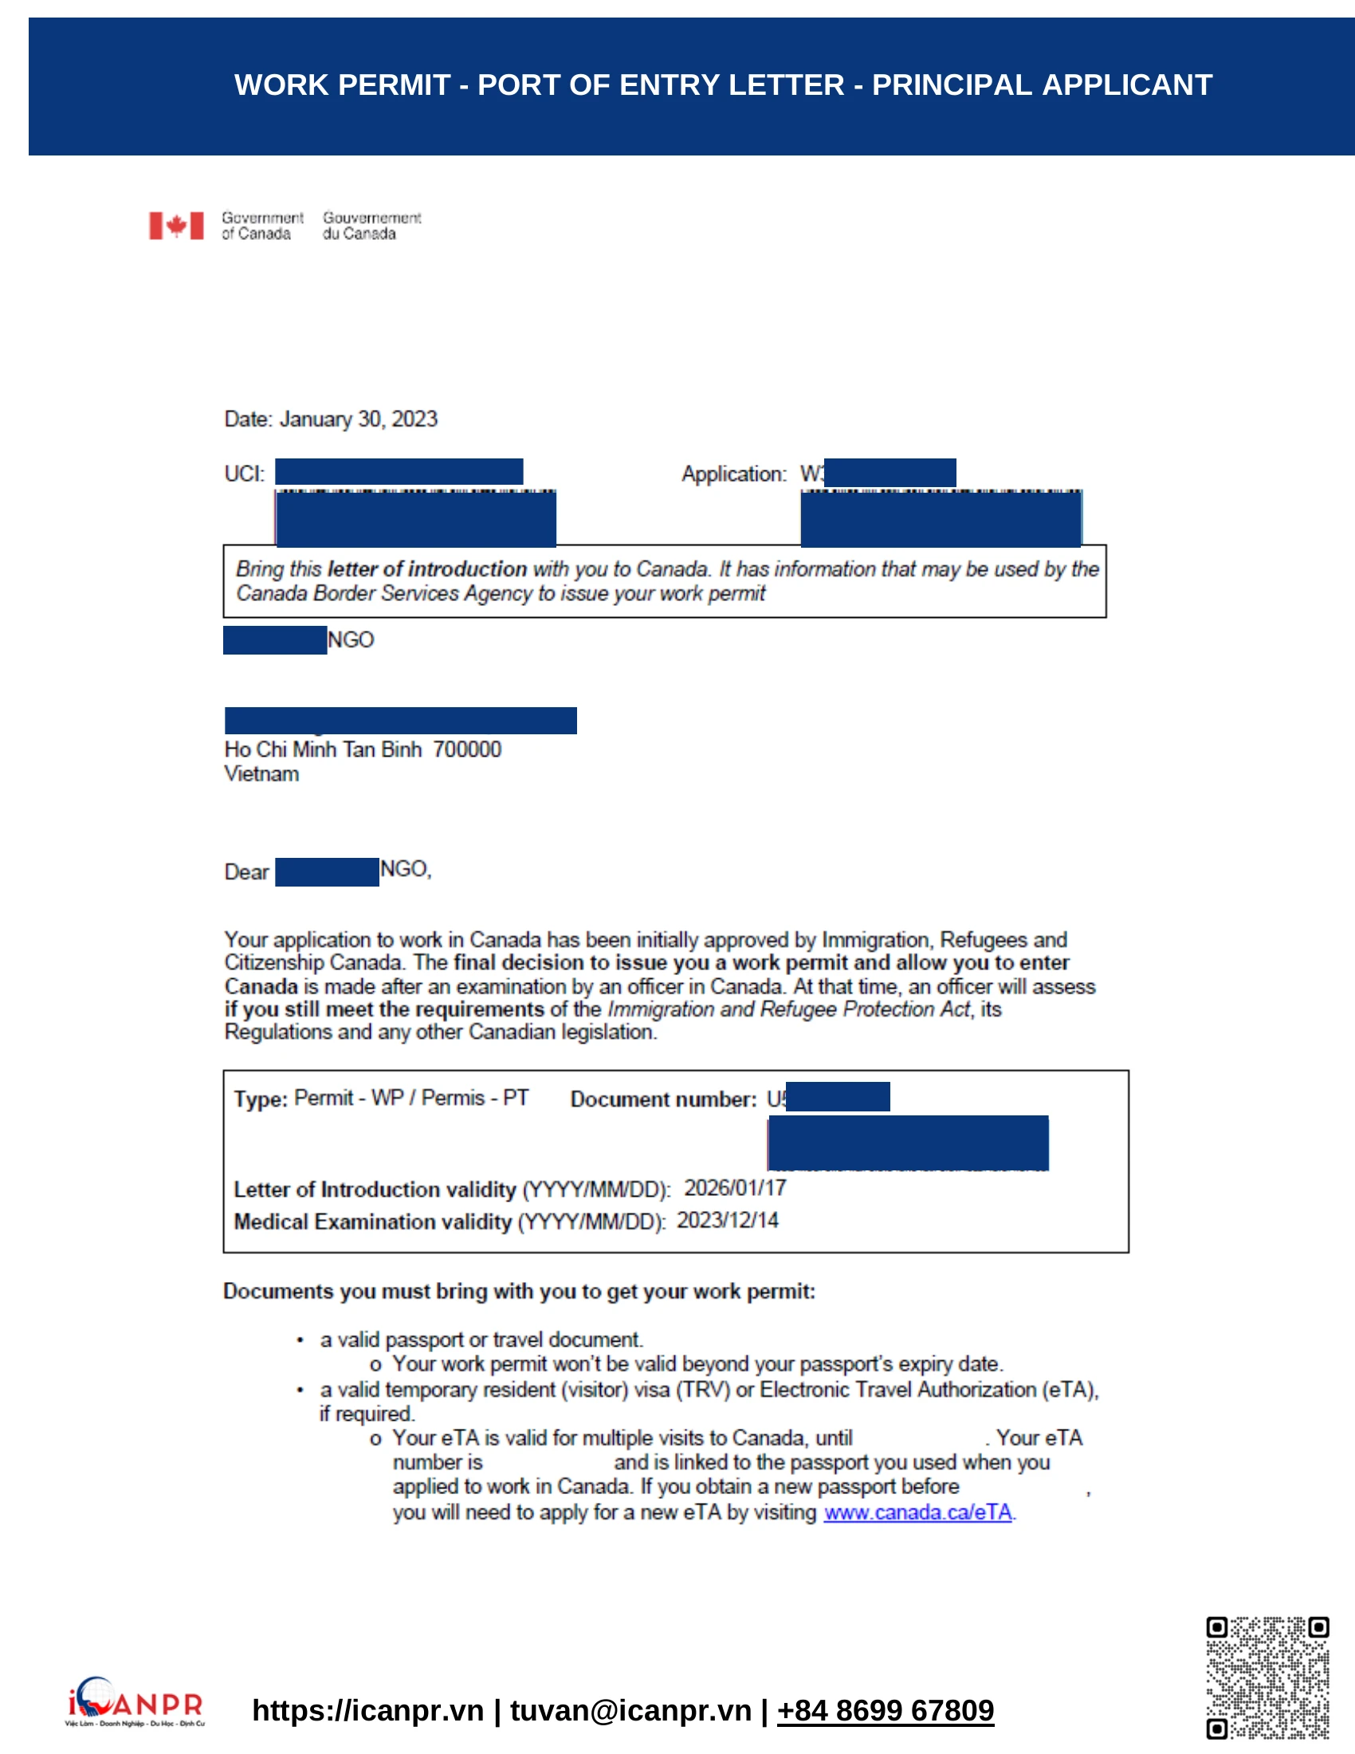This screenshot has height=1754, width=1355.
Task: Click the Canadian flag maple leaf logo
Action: [x=176, y=226]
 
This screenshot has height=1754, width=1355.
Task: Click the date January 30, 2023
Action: [x=358, y=419]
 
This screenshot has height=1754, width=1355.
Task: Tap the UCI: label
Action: [x=244, y=474]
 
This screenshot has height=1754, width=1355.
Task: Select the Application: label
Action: [x=733, y=474]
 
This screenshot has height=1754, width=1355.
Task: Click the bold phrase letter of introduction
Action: [x=427, y=568]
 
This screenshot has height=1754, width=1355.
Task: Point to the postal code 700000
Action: [x=467, y=749]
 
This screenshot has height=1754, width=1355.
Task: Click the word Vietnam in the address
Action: [x=261, y=774]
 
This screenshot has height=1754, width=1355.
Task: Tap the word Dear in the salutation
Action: [x=246, y=872]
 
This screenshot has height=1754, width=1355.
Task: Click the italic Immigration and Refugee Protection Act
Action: [x=788, y=1009]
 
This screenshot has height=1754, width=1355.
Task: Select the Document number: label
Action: [x=663, y=1099]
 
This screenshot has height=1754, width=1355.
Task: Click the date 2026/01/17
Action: [x=735, y=1188]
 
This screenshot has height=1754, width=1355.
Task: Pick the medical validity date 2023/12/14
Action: [x=727, y=1221]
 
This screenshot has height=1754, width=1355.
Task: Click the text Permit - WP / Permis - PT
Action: [x=411, y=1098]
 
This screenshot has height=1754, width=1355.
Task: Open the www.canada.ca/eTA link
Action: [x=917, y=1512]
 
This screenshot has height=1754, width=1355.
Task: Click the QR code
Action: [x=1267, y=1677]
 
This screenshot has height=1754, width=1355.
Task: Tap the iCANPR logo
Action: [x=135, y=1702]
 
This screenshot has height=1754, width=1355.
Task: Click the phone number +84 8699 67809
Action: [x=885, y=1711]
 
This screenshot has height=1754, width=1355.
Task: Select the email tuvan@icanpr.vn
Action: [x=630, y=1711]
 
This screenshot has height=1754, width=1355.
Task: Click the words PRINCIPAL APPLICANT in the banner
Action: [x=1042, y=85]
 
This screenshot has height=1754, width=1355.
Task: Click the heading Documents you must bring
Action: [x=519, y=1292]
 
